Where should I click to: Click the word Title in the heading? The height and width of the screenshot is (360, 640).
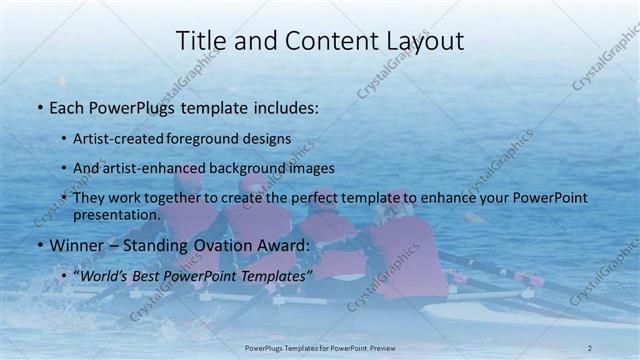coord(199,41)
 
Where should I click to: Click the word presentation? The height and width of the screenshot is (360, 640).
coord(116,214)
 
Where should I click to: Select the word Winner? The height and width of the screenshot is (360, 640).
coord(76,244)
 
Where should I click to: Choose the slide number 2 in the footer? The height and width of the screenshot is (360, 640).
coord(591,346)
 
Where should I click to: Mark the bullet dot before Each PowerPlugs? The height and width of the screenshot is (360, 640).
coord(39,106)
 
